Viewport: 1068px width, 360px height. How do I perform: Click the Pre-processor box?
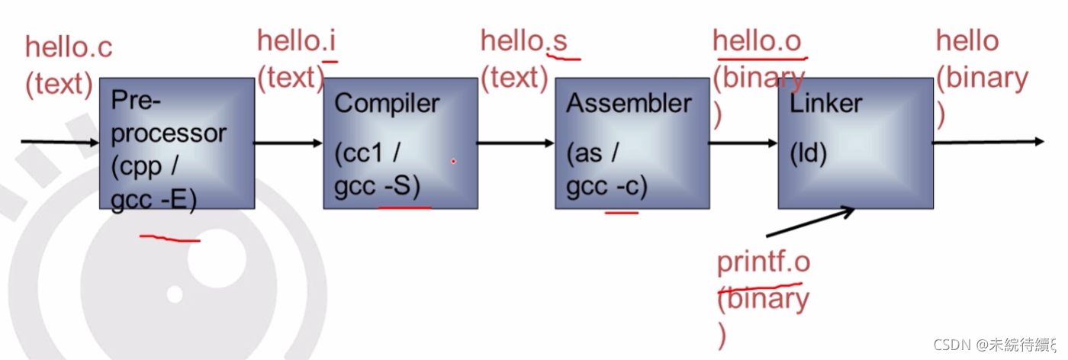177,143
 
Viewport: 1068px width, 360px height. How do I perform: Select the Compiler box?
400,143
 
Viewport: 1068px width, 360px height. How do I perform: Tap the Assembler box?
631,143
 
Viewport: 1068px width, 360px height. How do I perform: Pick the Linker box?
855,143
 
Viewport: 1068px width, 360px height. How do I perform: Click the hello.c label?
69,47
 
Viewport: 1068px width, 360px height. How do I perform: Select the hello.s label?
523,40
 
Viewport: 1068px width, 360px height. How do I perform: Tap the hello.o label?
757,40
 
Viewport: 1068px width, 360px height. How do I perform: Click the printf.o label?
763,262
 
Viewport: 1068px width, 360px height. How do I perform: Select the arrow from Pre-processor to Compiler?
289,143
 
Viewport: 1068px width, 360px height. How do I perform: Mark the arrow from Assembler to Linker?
742,143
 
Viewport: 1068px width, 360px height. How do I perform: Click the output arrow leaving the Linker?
989,142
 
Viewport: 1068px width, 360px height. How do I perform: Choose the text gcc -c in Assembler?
606,188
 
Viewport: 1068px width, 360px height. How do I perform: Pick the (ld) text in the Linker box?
809,153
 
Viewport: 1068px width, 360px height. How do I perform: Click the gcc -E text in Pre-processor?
153,201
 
